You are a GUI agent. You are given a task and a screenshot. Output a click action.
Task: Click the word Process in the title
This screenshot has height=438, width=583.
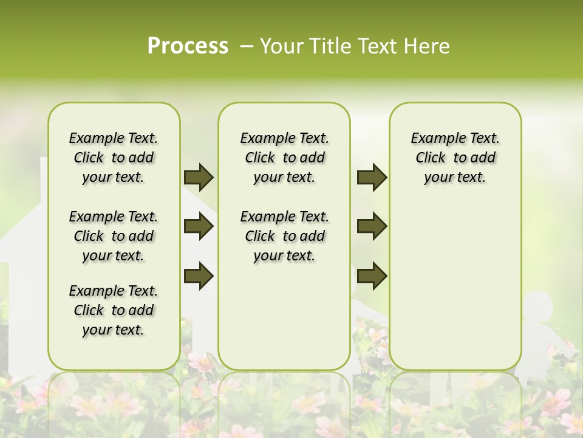click(188, 46)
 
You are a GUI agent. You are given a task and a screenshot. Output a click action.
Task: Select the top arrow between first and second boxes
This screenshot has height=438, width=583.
click(199, 177)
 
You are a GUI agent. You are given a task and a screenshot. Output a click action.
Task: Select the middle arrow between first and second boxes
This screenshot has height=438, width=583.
click(199, 226)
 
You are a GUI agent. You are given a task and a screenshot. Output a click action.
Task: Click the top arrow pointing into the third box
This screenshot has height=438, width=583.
click(372, 177)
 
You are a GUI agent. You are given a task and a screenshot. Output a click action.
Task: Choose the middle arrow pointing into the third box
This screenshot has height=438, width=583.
click(372, 226)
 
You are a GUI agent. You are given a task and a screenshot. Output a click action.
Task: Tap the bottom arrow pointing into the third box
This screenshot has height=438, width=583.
click(372, 275)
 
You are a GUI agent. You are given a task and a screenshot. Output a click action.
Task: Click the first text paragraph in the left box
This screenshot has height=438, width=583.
click(114, 158)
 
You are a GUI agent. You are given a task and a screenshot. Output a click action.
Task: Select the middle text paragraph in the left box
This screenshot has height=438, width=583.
click(114, 236)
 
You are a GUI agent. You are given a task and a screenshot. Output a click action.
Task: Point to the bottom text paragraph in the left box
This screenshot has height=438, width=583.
click(114, 310)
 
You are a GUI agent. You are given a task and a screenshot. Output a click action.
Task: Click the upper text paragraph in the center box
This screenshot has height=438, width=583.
click(284, 158)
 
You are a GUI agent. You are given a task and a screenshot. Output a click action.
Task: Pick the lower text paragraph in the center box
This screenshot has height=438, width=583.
click(284, 236)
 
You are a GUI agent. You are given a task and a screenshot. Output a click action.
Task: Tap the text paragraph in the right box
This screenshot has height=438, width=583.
click(455, 158)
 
